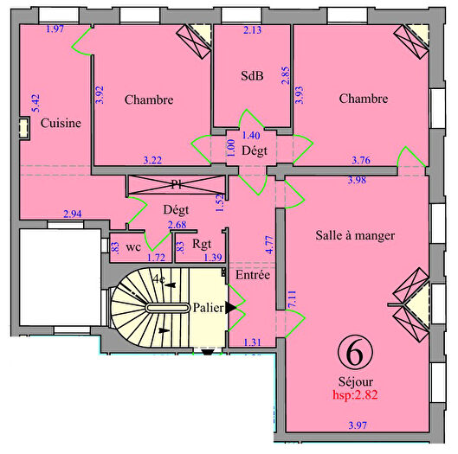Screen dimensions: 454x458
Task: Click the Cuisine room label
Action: [61, 123]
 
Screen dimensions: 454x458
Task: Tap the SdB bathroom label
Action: [252, 75]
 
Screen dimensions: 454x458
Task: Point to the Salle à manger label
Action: [356, 235]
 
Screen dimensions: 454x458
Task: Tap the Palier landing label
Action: [209, 307]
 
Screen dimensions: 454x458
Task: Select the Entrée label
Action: [253, 275]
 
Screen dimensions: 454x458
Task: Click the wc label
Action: [133, 246]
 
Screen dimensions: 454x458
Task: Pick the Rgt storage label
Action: [203, 244]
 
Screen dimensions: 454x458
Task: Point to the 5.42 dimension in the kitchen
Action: [35, 104]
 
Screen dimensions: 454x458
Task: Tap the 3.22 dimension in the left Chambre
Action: [152, 159]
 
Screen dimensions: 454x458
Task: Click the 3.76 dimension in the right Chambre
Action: [361, 159]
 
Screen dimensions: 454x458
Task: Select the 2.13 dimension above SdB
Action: [252, 31]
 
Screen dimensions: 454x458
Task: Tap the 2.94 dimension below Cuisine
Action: [73, 214]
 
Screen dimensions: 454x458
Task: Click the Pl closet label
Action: [177, 184]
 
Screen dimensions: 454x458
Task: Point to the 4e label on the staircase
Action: [158, 279]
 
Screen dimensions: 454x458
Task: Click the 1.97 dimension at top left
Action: [55, 29]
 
